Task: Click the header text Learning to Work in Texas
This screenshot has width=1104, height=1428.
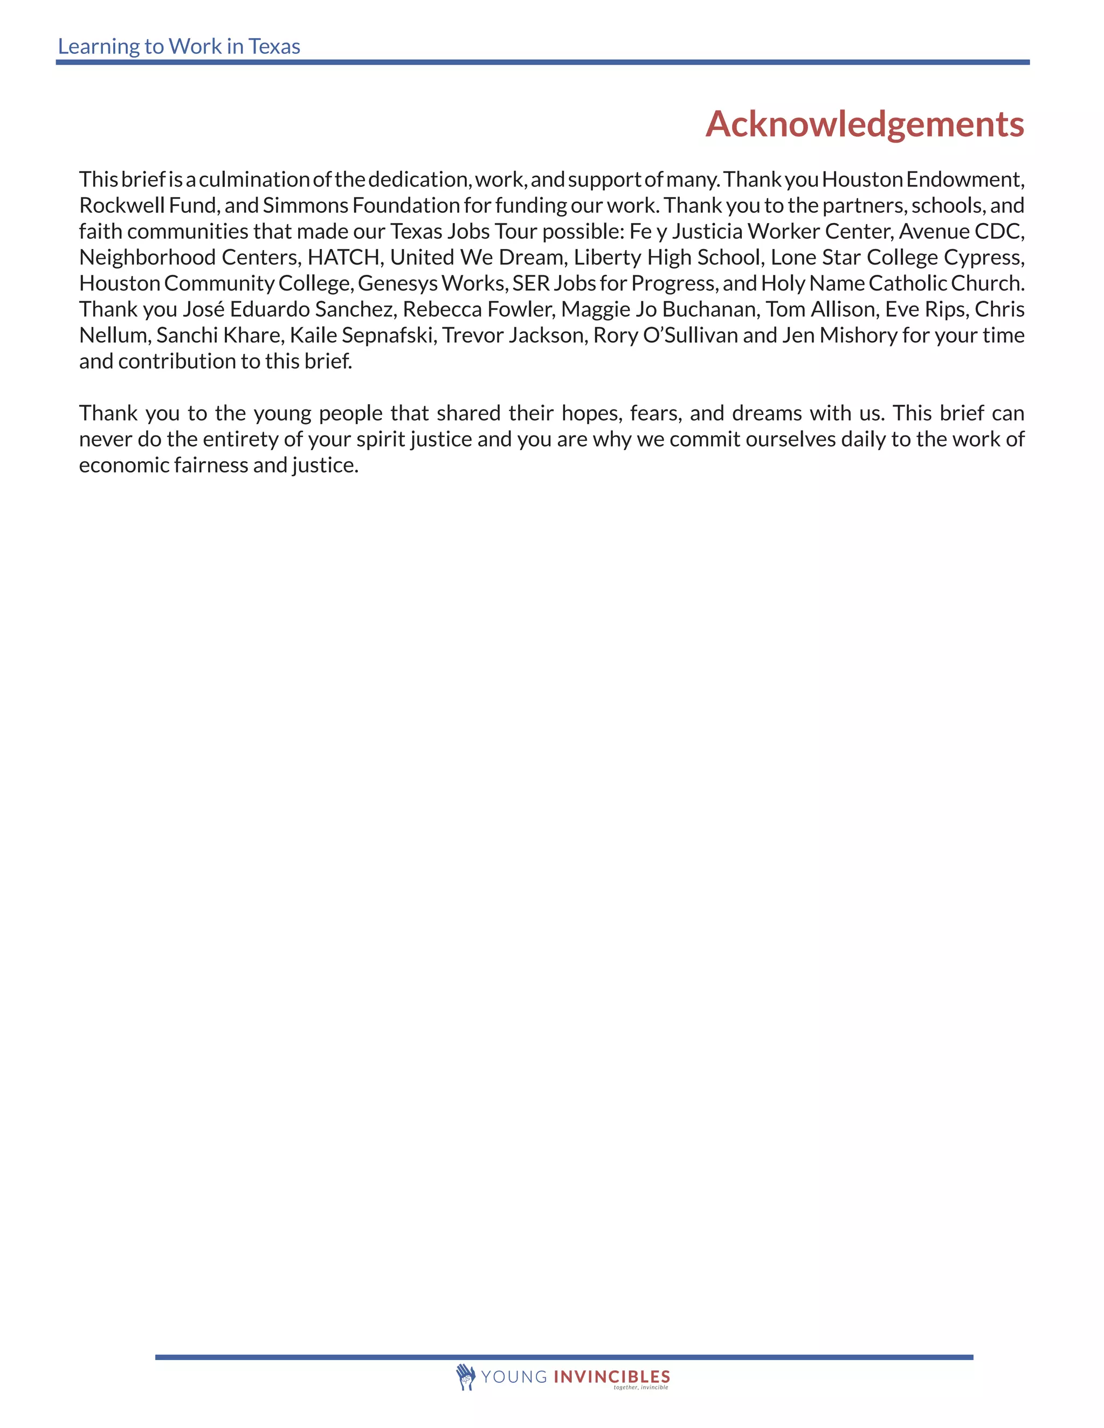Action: tap(178, 46)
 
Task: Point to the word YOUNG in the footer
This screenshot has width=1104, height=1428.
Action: tap(514, 1377)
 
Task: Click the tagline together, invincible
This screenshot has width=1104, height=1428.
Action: tap(640, 1387)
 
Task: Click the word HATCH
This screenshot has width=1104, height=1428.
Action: tap(344, 257)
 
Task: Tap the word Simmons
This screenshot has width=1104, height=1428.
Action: tap(306, 205)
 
